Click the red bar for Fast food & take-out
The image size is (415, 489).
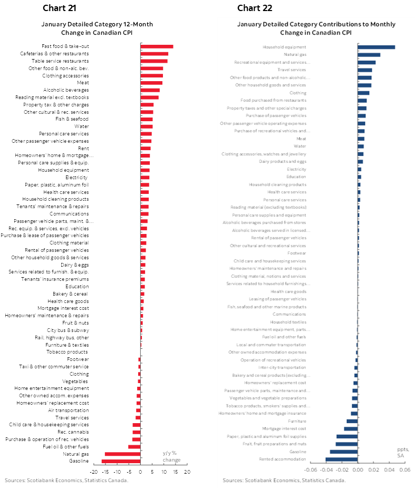pos(157,46)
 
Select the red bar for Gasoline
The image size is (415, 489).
pos(121,461)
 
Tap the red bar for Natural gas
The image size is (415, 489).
pos(122,454)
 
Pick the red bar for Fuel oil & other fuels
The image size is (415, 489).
pos(134,446)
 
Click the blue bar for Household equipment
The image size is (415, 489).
pos(376,47)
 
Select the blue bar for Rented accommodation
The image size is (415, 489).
pos(341,459)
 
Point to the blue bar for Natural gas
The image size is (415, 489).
pos(369,54)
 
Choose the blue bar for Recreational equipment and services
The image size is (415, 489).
pos(366,62)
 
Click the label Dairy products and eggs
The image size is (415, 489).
pos(282,161)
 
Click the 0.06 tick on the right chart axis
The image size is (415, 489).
pos(404,470)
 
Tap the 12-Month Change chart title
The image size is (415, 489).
pos(97,28)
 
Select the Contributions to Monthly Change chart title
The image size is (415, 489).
pos(316,28)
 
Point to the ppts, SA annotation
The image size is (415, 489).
pos(403,452)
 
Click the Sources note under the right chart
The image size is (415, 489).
pos(284,480)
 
